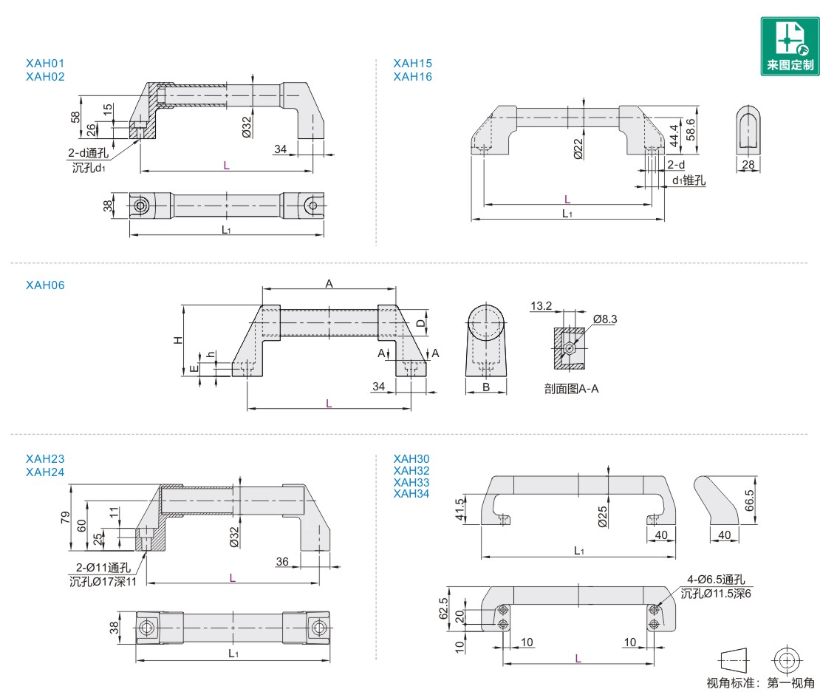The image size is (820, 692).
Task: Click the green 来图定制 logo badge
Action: [790, 46]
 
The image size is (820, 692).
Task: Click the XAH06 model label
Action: [45, 285]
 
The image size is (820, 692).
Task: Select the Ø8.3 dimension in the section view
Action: [604, 319]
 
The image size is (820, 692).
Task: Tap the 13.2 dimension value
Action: [541, 305]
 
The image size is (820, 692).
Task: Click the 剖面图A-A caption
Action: [571, 389]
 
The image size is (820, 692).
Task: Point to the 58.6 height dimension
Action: [690, 130]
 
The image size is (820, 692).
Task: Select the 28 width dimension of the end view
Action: [748, 164]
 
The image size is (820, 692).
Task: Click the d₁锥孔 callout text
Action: [689, 180]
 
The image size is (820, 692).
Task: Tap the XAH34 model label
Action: [411, 494]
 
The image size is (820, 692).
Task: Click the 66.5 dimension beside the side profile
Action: [749, 500]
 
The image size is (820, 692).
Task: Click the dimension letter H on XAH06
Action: [177, 340]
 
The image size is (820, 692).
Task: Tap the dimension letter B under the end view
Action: [486, 387]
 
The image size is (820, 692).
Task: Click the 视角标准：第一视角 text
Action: [761, 682]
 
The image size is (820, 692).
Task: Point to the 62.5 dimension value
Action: [443, 609]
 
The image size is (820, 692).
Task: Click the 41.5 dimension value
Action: [460, 510]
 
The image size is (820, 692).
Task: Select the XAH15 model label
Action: [413, 64]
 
